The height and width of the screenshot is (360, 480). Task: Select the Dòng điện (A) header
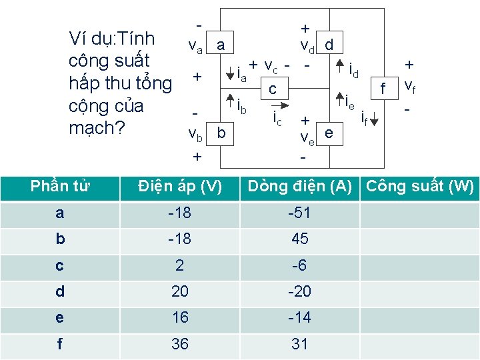(299, 187)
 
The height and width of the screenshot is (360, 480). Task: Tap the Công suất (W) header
(420, 187)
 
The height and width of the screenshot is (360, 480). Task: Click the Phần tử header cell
(60, 187)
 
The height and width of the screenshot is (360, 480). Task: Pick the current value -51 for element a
(299, 213)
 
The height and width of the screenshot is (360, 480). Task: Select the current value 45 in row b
(299, 239)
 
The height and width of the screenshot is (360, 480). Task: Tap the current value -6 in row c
(299, 265)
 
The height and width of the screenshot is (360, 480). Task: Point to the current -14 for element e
(299, 317)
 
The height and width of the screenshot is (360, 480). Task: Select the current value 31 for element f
(299, 344)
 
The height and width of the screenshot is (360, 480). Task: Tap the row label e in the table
(60, 317)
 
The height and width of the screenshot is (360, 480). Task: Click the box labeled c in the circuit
(272, 89)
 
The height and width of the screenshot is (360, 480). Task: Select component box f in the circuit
(383, 88)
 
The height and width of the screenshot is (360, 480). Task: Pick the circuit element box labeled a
(221, 45)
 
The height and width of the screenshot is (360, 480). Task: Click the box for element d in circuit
(329, 45)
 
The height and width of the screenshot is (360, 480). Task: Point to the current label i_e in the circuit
(350, 102)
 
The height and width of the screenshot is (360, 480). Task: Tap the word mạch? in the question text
(97, 127)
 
